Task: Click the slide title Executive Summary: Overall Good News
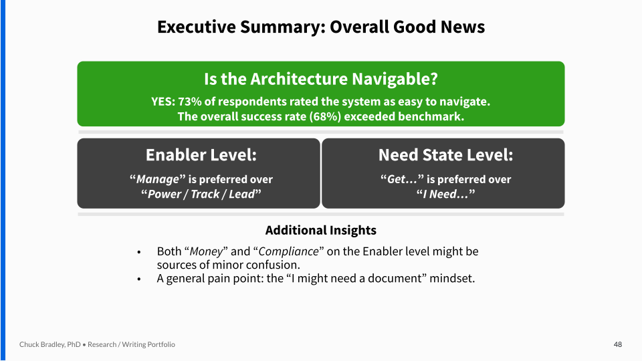tap(321, 27)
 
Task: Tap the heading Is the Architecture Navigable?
tap(321, 79)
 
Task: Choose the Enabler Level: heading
tap(201, 155)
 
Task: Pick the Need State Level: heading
tap(445, 155)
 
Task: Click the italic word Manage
tap(158, 179)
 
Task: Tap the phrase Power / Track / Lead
tap(201, 194)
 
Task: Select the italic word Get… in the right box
tap(397, 179)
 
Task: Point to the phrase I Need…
tap(445, 194)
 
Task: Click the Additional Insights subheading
tap(321, 231)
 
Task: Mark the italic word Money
tap(206, 251)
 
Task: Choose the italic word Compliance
tap(288, 251)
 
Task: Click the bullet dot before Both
tap(139, 252)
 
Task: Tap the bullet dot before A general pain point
tap(139, 279)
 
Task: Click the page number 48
tap(618, 345)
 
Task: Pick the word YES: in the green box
tap(163, 102)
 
